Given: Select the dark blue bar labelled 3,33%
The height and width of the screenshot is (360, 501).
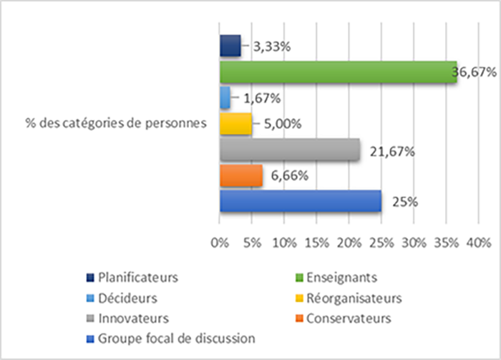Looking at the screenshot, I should point(230,47).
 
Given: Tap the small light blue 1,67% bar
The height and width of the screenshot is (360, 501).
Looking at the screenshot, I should point(225,97).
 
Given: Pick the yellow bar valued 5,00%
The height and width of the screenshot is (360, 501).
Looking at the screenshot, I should point(235,123).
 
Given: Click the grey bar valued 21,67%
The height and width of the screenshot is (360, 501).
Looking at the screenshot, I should point(289,149).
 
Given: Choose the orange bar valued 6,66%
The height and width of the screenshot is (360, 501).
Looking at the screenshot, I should point(241,175).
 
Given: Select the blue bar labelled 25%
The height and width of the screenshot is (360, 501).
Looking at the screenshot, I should point(301,201).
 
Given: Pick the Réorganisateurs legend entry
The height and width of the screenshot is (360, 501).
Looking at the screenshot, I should point(348,296).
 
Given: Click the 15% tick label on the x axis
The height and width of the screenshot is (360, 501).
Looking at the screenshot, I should point(316,243).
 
